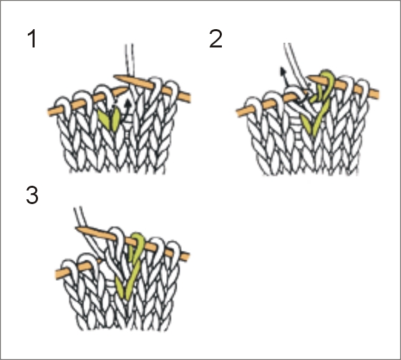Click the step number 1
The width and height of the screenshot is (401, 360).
pos(32,39)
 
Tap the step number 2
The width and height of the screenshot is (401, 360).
pos(216,39)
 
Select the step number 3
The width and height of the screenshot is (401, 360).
pos(32,195)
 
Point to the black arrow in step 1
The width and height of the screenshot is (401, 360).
pos(126,109)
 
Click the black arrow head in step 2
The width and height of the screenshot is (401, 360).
pos(283,71)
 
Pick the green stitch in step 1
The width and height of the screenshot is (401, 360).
pos(109,118)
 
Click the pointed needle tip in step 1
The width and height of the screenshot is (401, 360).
pos(115,76)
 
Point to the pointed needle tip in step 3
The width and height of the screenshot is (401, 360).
pos(77,228)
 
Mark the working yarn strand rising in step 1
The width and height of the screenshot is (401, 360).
pos(130,61)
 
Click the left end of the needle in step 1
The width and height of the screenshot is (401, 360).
pos(50,112)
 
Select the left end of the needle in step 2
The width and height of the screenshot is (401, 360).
pos(237,113)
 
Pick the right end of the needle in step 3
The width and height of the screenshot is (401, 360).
pos(188,256)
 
